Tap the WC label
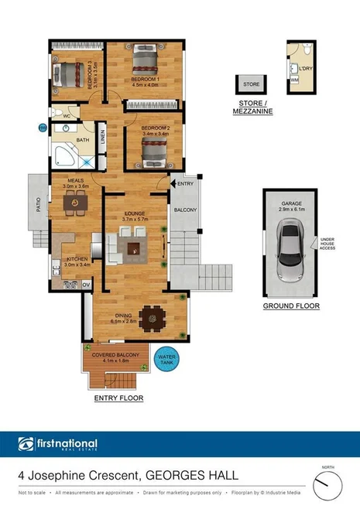point(67,117)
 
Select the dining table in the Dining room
point(156,315)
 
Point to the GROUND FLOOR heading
point(291,306)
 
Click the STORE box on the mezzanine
point(251,84)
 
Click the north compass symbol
point(328,486)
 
